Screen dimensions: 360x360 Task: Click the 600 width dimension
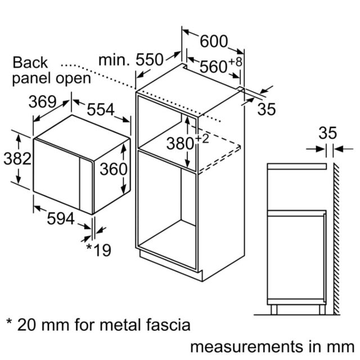pos(214,42)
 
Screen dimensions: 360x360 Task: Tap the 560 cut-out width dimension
pos(213,67)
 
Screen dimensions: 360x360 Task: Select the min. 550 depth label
pos(131,60)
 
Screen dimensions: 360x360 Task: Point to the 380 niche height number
pos(180,143)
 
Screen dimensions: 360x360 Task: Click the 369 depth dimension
pos(43,102)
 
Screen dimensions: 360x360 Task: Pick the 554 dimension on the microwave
pos(101,109)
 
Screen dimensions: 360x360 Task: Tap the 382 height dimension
pos(17,159)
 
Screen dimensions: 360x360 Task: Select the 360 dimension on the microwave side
pos(114,169)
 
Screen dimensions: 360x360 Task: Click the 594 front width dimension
pos(61,218)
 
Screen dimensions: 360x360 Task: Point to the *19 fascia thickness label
pos(99,250)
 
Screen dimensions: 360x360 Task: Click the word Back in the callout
pos(30,62)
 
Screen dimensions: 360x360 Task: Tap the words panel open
pos(51,79)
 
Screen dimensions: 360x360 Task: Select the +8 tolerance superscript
pos(235,62)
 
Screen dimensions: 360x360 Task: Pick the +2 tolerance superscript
pos(202,139)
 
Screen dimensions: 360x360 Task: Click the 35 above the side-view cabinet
pos(327,133)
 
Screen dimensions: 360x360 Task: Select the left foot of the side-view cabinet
pos(274,310)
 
